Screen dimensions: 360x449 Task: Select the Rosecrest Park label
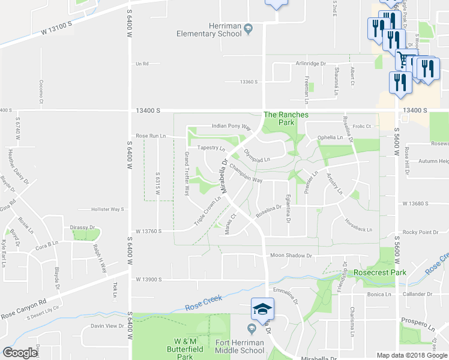point(379,272)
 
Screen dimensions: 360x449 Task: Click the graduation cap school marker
point(262,308)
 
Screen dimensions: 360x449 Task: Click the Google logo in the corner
point(20,353)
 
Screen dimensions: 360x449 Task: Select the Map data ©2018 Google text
point(412,355)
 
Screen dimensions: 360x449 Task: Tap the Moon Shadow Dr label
point(291,256)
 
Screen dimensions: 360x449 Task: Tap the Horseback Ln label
point(358,229)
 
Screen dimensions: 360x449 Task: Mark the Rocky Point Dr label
point(421,232)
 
